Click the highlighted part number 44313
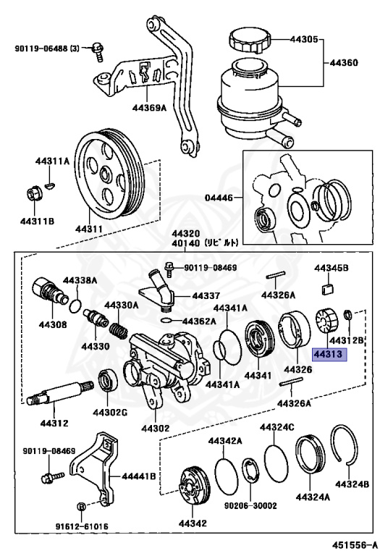tap(329, 354)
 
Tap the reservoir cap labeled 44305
tap(250, 41)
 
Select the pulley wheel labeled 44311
tap(109, 174)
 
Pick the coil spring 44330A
tap(119, 330)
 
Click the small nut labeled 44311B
tap(35, 193)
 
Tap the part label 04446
tap(219, 198)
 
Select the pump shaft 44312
tap(59, 392)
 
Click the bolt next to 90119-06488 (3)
tap(98, 51)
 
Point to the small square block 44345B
tap(328, 290)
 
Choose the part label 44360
tap(344, 63)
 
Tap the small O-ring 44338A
tap(75, 306)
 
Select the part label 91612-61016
tap(82, 526)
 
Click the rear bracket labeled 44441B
tap(93, 465)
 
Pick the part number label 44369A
tap(149, 107)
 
